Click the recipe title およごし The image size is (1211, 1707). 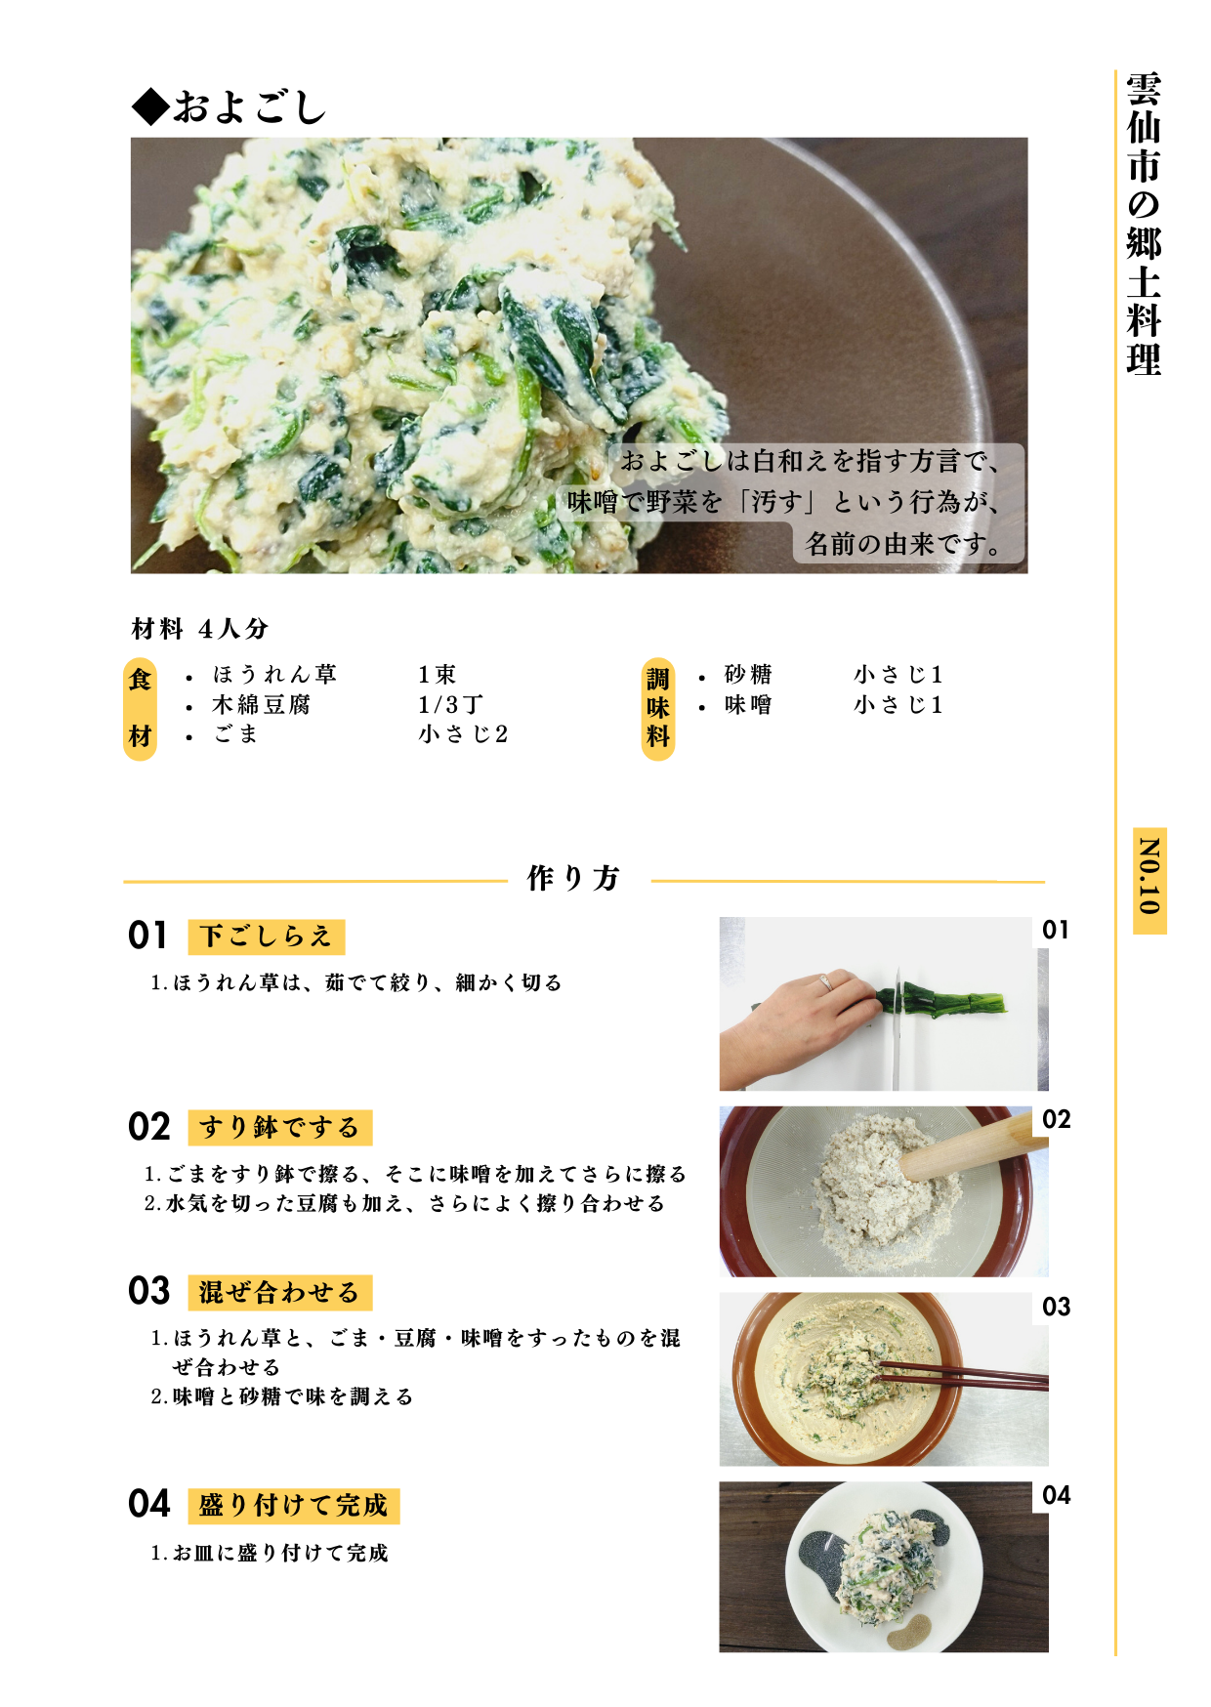pos(230,106)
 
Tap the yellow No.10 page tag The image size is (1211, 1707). pos(1149,880)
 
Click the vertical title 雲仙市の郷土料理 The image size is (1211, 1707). pos(1143,224)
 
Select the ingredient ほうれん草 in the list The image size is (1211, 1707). pos(274,675)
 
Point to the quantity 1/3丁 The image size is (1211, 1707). pos(450,705)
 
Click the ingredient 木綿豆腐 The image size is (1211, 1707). pos(261,705)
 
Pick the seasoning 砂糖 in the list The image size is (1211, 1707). pos(748,675)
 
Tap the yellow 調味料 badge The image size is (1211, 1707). pos(658,708)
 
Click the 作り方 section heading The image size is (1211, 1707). pos(574,878)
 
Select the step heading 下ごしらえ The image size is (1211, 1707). pos(266,937)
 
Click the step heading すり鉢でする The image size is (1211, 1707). pos(279,1128)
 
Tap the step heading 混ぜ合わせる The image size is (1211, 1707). pos(279,1293)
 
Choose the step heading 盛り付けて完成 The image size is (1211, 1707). pos(293,1506)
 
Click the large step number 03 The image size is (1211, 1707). pos(149,1291)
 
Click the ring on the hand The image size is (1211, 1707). pos(826,981)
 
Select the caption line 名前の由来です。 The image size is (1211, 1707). pos(904,544)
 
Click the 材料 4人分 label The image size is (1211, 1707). pos(200,629)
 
